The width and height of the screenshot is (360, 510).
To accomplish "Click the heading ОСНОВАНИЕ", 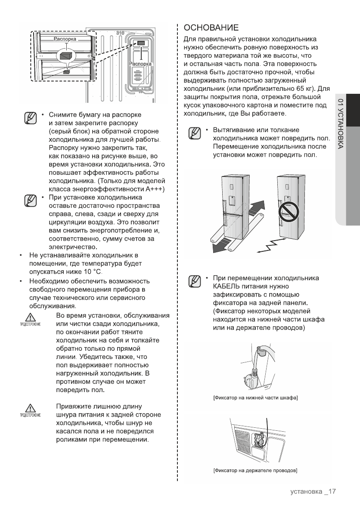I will tap(211, 28).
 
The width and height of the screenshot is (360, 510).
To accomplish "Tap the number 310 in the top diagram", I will tap(121, 33).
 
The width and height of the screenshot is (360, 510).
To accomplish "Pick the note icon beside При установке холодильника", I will tap(30, 200).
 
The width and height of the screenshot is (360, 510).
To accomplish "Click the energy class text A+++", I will tap(154, 189).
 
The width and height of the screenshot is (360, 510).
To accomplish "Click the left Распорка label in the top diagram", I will tap(65, 39).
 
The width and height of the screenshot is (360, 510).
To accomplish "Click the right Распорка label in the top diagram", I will tap(140, 63).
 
